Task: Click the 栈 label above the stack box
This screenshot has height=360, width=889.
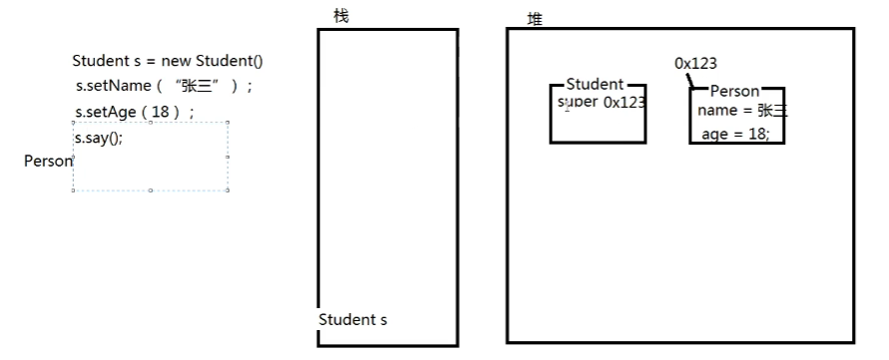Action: [x=341, y=16]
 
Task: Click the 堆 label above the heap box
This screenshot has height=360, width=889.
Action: [x=535, y=19]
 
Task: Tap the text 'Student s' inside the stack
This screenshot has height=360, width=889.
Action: [x=353, y=320]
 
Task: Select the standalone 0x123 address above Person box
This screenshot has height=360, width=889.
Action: [x=695, y=64]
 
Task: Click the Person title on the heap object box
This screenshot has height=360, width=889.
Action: [x=733, y=92]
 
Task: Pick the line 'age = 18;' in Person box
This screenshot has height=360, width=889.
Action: [x=735, y=134]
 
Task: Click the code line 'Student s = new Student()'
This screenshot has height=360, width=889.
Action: [x=168, y=61]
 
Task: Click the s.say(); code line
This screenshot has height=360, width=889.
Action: [x=99, y=137]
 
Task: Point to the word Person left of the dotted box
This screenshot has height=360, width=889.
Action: [x=48, y=161]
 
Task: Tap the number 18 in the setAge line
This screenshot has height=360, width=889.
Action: [x=161, y=112]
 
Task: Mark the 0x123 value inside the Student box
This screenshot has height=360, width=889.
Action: [x=624, y=102]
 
